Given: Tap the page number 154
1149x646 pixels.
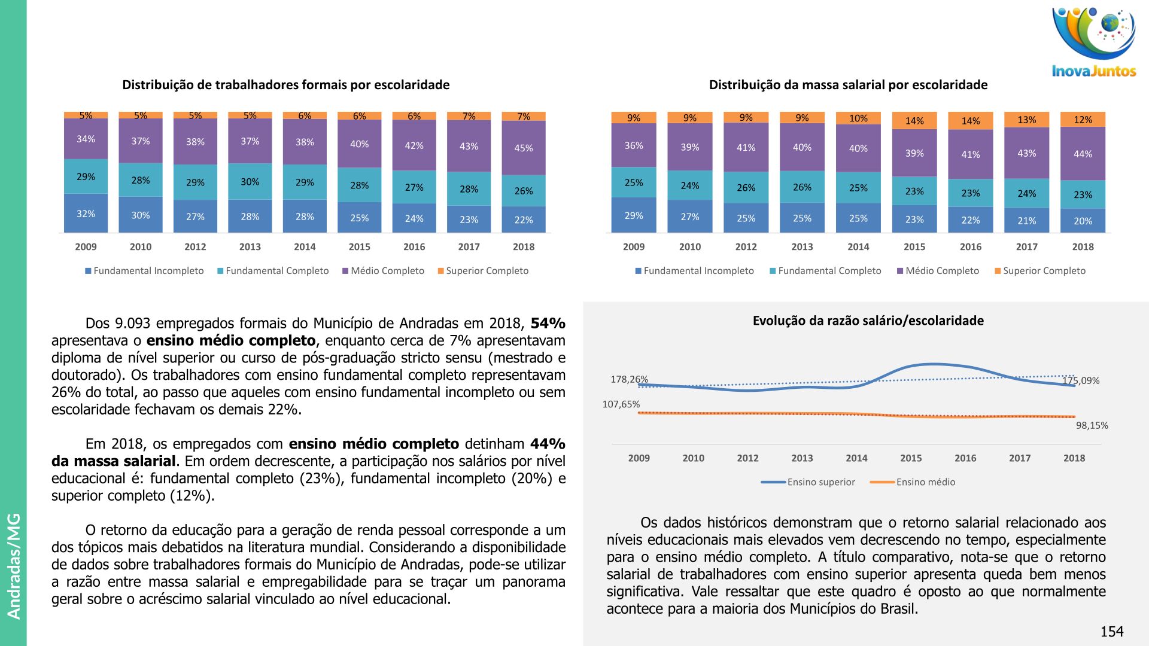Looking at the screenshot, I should click(x=1112, y=632).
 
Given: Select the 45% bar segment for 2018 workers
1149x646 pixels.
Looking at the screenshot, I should click(x=524, y=148).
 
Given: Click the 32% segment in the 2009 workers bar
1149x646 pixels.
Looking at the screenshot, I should click(x=86, y=214).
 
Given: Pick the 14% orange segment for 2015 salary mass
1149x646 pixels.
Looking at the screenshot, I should click(x=914, y=121).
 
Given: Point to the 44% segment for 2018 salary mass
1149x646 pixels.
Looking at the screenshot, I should click(x=1083, y=154).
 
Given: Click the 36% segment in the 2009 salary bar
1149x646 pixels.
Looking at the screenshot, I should click(x=634, y=145).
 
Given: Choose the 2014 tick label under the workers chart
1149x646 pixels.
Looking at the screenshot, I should click(x=305, y=246).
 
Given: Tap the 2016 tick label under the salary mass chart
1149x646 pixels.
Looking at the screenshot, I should click(x=970, y=246).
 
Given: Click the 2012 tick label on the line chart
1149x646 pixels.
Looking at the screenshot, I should click(x=747, y=458).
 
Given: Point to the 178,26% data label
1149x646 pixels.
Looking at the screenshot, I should click(x=629, y=379).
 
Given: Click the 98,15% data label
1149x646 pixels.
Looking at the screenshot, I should click(x=1092, y=425).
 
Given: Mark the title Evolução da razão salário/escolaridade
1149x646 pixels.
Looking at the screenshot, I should click(x=868, y=321).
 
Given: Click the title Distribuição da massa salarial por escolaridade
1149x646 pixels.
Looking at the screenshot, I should click(x=848, y=85).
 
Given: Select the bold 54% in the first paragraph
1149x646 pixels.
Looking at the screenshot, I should click(x=548, y=324).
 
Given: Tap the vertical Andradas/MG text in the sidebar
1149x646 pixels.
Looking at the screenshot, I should click(x=14, y=566).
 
